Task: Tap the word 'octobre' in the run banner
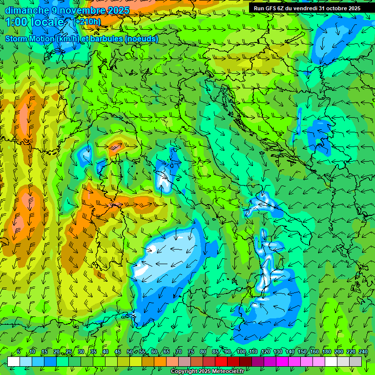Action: (x=334, y=8)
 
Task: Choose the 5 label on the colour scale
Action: (x=19, y=352)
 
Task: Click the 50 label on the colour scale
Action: (x=129, y=352)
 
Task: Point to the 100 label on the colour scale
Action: (x=241, y=352)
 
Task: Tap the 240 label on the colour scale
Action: (x=363, y=352)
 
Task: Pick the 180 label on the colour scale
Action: (x=327, y=352)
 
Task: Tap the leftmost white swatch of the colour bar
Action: (x=13, y=361)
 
